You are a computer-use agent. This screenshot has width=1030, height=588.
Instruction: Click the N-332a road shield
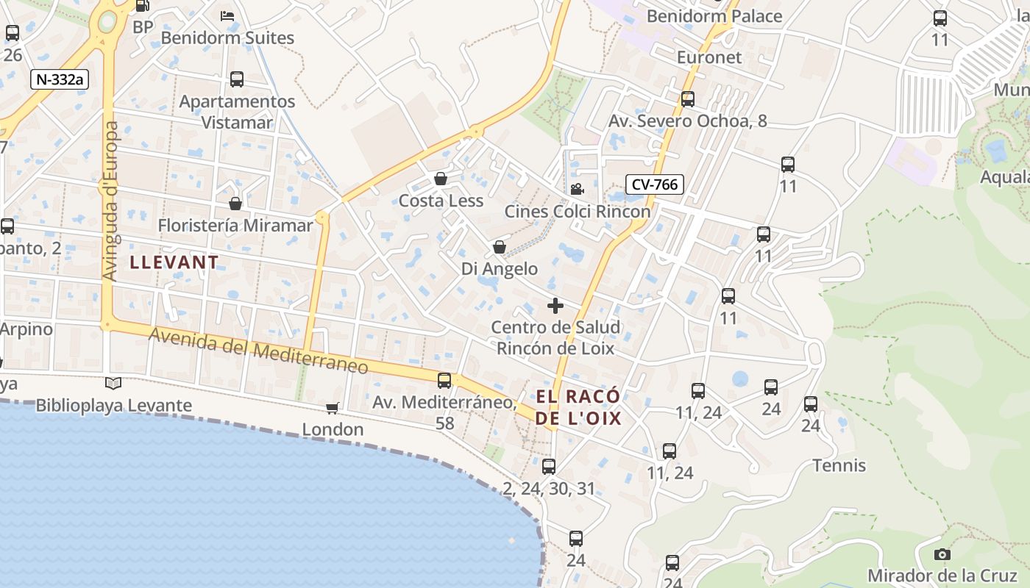[60, 79]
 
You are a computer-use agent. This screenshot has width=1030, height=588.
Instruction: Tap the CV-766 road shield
[654, 184]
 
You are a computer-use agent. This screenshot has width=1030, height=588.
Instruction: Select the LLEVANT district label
[174, 262]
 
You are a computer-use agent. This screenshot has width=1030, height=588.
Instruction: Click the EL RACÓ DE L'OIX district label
[578, 408]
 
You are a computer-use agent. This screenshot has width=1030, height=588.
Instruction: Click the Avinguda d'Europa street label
[111, 201]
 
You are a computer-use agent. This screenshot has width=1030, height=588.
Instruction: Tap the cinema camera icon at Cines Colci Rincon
[577, 190]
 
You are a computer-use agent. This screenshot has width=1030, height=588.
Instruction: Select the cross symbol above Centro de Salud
[555, 306]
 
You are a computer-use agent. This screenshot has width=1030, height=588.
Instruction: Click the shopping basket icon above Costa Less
[440, 179]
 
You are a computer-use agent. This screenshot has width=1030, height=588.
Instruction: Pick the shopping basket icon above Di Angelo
[500, 247]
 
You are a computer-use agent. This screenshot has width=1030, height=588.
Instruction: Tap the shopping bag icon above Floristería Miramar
[235, 204]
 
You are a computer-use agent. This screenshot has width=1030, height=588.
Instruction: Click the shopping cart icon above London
[333, 408]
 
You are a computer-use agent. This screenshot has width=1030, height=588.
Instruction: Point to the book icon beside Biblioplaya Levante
[113, 383]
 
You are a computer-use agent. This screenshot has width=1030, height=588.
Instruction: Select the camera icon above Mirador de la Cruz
[942, 555]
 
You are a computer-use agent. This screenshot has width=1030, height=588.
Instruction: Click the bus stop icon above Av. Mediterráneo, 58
[444, 380]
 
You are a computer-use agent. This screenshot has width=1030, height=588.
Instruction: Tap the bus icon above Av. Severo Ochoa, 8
[688, 98]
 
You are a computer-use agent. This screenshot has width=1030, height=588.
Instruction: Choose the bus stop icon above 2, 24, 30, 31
[549, 466]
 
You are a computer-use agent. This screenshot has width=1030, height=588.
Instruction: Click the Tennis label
[839, 465]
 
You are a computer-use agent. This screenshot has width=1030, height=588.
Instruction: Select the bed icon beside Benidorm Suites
[227, 16]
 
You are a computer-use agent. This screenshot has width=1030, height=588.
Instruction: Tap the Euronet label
[709, 57]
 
